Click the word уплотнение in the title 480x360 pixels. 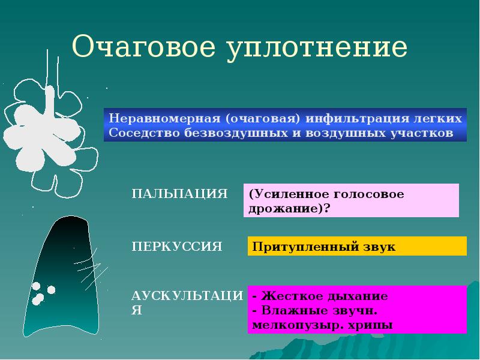[317, 48]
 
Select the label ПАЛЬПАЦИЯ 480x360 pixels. [179, 194]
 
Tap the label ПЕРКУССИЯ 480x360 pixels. [177, 246]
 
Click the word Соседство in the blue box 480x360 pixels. [136, 132]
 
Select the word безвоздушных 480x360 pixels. [224, 132]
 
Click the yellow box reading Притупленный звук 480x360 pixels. [356, 246]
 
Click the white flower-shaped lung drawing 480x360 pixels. [50, 129]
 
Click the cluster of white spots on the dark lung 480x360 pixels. [41, 293]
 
